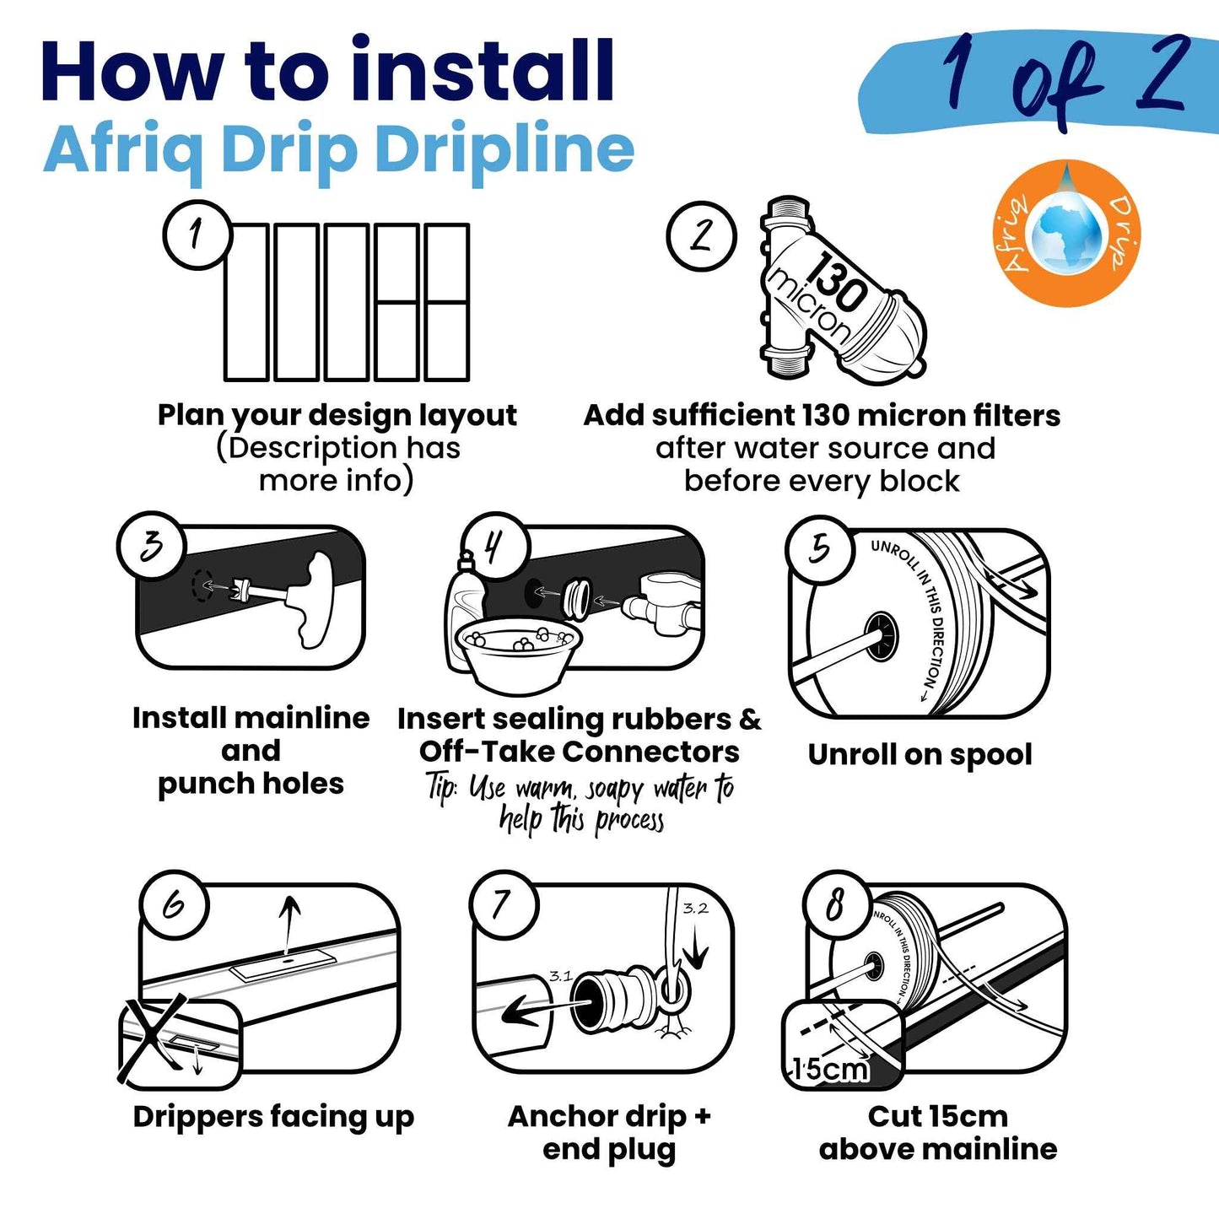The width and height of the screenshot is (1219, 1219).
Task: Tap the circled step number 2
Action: point(702,235)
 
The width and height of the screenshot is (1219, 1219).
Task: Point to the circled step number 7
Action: point(504,905)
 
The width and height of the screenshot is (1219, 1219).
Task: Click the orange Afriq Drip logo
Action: point(1066,233)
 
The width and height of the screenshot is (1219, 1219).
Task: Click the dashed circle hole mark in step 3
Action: point(202,586)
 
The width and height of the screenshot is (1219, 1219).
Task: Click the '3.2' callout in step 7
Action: point(696,909)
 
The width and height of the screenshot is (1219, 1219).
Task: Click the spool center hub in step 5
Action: point(883,638)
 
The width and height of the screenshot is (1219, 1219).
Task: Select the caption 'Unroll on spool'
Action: point(920,755)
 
